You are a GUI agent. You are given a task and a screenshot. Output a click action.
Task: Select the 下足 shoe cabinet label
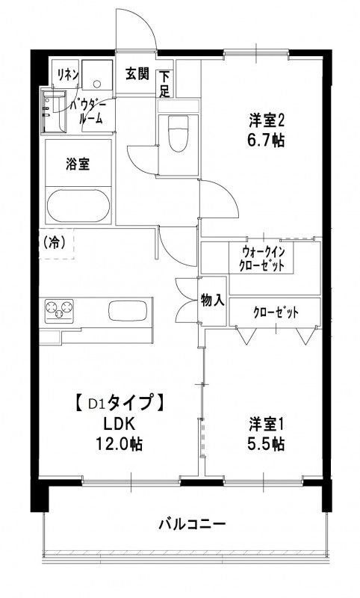[x=164, y=83]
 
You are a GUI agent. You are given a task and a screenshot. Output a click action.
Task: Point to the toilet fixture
[x=177, y=135]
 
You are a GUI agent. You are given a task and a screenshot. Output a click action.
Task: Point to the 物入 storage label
[x=213, y=300]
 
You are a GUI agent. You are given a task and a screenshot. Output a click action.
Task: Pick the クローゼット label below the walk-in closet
[x=275, y=312]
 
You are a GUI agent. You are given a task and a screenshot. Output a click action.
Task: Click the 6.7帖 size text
[x=268, y=140]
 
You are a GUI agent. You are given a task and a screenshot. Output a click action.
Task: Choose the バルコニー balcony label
[x=191, y=523]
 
